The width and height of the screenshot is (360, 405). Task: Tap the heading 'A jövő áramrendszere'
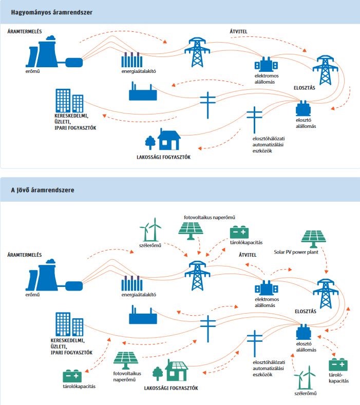43,190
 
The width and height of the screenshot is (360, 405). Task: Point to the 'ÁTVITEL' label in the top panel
238,32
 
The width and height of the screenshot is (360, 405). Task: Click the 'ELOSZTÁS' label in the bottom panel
305,311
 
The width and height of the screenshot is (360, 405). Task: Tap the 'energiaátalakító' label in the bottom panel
139,295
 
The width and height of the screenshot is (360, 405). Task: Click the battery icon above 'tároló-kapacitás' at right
338,365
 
